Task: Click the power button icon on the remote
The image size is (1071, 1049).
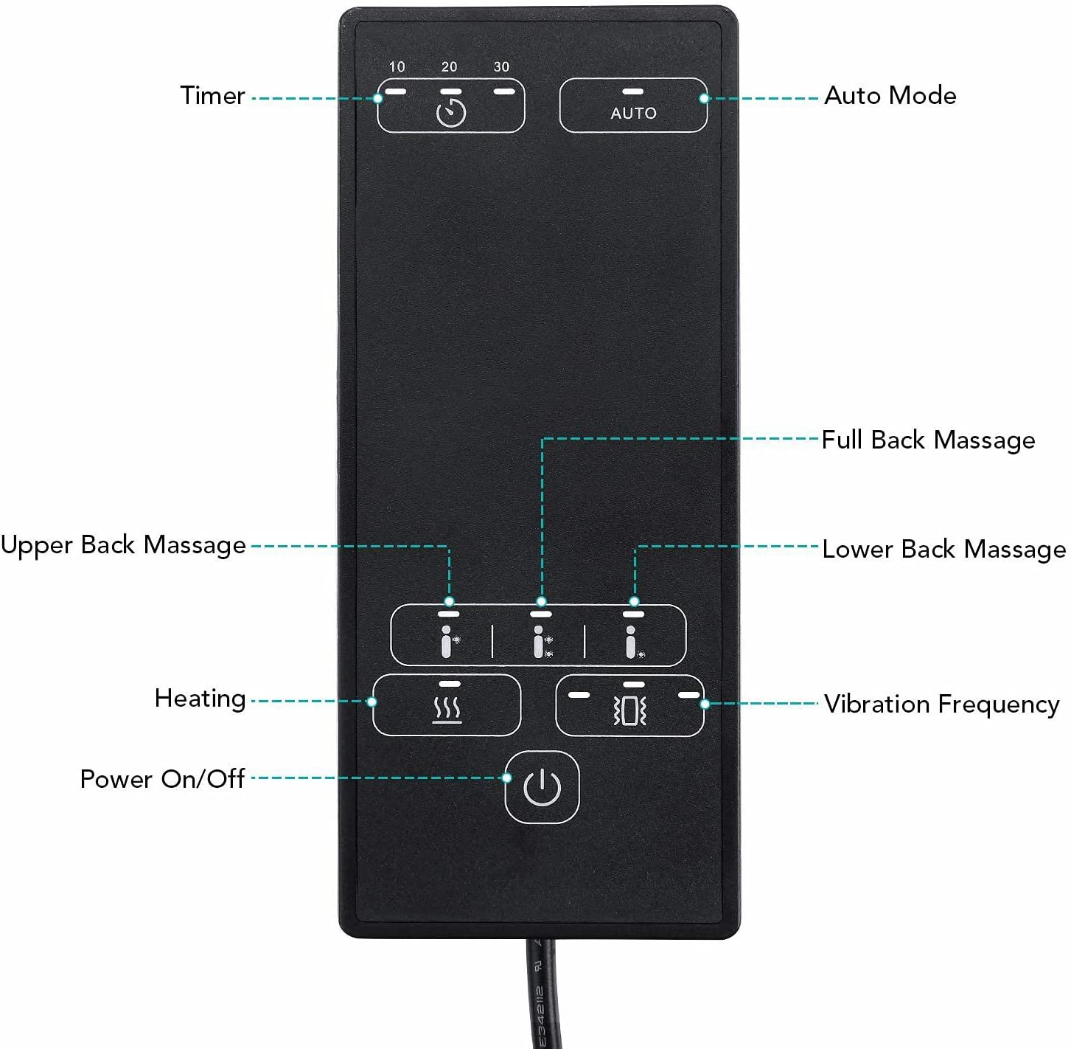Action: click(x=542, y=787)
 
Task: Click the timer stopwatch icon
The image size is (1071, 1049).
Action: click(x=451, y=112)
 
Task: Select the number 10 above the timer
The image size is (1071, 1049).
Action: click(x=397, y=66)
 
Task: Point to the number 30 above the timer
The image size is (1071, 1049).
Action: click(x=501, y=66)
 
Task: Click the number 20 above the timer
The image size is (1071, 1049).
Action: click(x=449, y=66)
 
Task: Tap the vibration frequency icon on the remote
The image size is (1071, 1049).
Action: click(x=630, y=710)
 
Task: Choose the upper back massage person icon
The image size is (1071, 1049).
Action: click(x=449, y=641)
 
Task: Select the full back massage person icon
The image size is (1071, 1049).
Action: click(x=542, y=641)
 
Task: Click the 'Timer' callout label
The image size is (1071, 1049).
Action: click(x=212, y=95)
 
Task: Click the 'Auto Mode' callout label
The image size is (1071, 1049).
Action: click(x=890, y=95)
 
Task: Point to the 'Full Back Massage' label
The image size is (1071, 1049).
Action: click(x=929, y=440)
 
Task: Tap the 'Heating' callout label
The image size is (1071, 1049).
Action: click(x=200, y=699)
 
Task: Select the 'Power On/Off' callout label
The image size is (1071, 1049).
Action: click(x=162, y=779)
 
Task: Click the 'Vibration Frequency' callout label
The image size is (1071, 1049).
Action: click(x=942, y=704)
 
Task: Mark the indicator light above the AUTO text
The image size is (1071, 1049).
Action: click(x=633, y=91)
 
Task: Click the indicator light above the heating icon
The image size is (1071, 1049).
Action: click(x=450, y=684)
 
